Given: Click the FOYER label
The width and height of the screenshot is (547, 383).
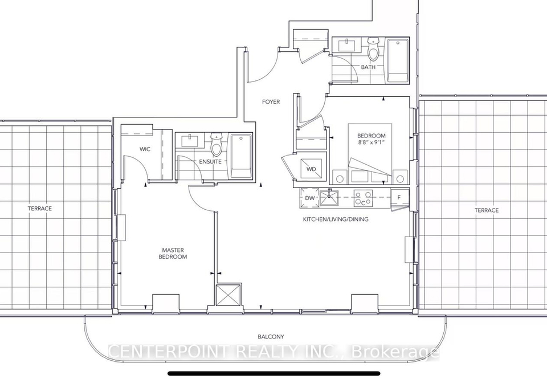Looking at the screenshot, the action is [271, 102].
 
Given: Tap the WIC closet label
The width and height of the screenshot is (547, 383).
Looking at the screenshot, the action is [145, 149].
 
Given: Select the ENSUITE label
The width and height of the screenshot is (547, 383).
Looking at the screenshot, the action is [210, 162].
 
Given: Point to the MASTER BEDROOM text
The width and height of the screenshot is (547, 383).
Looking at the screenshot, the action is [173, 254].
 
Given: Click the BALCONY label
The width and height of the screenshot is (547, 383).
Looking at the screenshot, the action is [271, 337].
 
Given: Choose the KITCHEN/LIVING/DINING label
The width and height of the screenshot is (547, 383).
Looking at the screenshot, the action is [336, 219].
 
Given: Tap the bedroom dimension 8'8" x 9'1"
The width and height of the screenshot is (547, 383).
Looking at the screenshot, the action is [371, 142].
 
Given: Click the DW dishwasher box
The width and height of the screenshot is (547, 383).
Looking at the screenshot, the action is [309, 198].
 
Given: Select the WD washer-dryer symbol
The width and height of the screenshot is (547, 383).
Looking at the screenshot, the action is [311, 169].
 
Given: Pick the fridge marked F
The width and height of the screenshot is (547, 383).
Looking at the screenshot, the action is [399, 197].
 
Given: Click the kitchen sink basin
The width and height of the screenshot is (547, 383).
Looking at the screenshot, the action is [329, 198].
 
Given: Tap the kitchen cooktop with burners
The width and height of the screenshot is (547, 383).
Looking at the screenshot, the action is [363, 198].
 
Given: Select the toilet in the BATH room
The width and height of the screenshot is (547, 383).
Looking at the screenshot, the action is [373, 50].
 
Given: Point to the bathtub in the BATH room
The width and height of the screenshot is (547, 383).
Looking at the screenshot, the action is [398, 60].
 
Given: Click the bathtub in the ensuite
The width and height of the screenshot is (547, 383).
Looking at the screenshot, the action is [240, 156].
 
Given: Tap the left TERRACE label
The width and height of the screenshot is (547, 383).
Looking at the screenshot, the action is [40, 208].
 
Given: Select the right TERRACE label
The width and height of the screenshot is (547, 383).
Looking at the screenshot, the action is [486, 210].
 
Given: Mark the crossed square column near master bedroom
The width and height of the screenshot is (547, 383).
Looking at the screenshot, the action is [228, 295].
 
